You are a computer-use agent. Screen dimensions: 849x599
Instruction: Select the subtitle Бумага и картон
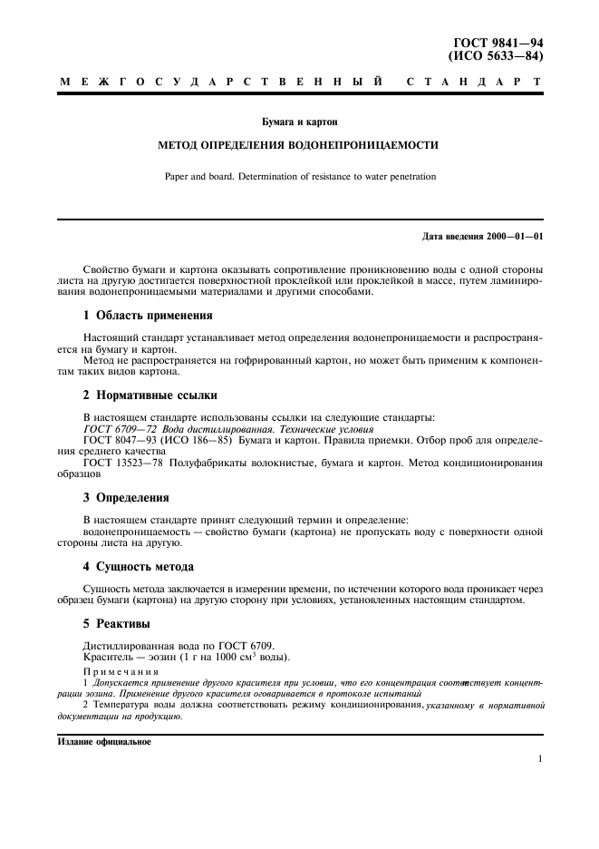pyautogui.click(x=300, y=121)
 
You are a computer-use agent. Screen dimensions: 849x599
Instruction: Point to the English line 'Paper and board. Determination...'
pyautogui.click(x=300, y=177)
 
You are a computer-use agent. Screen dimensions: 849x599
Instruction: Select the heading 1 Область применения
pyautogui.click(x=148, y=316)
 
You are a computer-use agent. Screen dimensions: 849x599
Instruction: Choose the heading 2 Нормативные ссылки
pyautogui.click(x=150, y=395)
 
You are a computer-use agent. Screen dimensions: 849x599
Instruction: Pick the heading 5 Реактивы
pyautogui.click(x=120, y=624)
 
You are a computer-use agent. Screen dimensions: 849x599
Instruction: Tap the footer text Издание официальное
pyautogui.click(x=104, y=741)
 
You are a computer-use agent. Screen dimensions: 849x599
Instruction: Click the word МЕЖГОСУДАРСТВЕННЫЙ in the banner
pyautogui.click(x=218, y=83)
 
